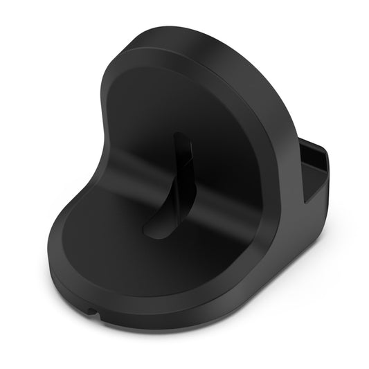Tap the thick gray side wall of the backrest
[x=277, y=138]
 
